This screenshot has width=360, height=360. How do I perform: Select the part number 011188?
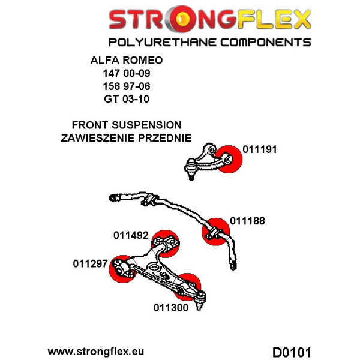tap(246, 221)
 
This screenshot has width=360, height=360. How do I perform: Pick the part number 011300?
tap(171, 308)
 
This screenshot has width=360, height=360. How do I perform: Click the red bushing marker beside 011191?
tap(229, 158)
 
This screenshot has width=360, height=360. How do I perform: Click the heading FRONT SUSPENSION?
tap(126, 125)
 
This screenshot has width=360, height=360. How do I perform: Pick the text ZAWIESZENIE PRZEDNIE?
tap(126, 138)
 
